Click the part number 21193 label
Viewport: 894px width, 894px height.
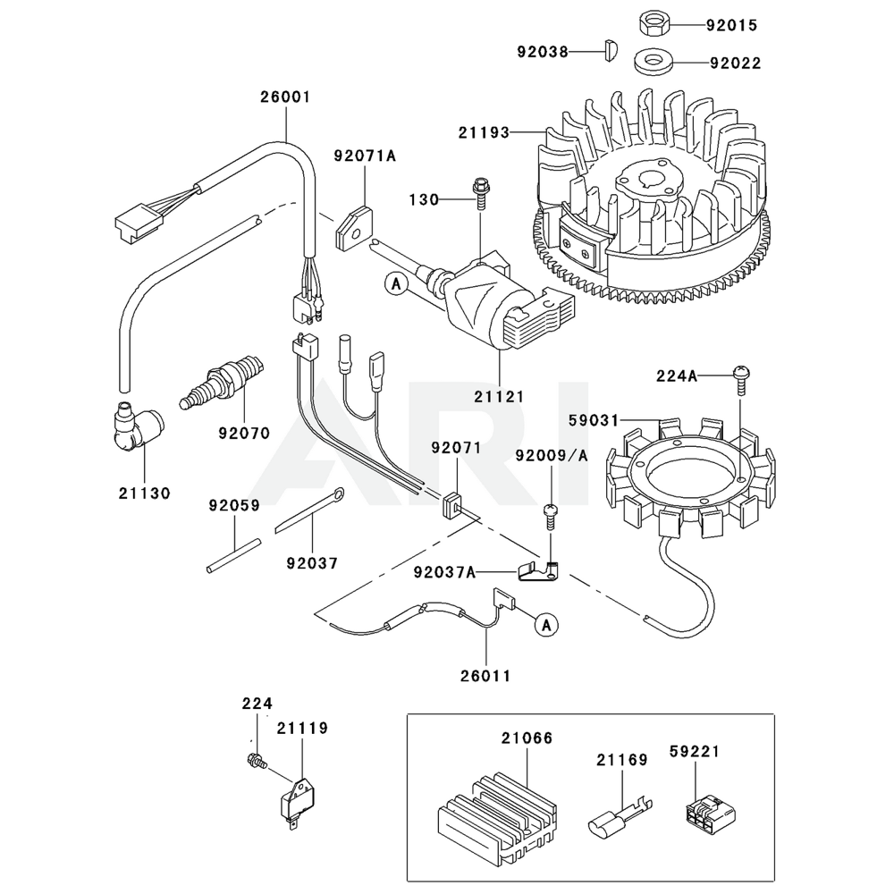tap(484, 132)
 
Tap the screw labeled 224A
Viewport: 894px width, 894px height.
tap(741, 379)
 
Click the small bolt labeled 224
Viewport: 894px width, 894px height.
tap(255, 761)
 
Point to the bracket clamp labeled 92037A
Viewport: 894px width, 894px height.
tap(537, 570)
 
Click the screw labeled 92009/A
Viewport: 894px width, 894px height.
tap(552, 514)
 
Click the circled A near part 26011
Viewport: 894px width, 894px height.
tap(545, 625)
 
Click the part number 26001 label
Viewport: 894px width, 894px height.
tap(286, 97)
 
